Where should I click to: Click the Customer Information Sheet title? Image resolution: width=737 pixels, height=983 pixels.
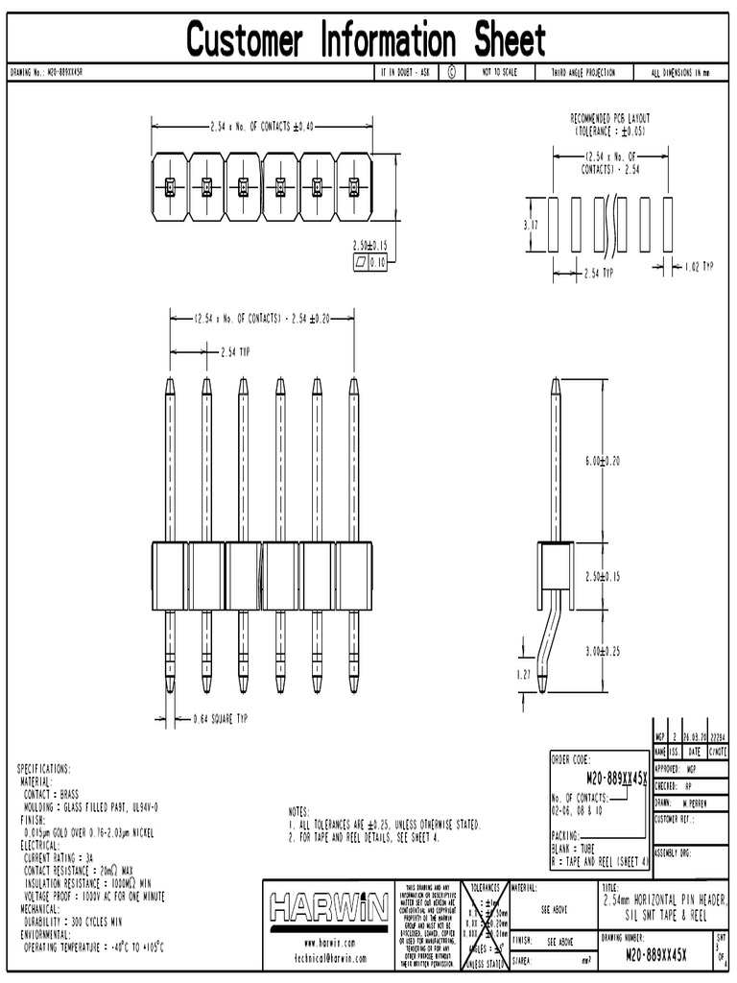click(x=367, y=40)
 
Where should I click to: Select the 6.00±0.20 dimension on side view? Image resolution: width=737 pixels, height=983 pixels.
click(x=603, y=461)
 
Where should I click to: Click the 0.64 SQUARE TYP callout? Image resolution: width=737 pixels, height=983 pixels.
click(x=214, y=718)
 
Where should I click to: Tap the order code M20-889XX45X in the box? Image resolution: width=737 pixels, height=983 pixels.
click(x=599, y=776)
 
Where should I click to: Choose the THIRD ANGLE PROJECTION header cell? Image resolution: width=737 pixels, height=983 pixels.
click(x=582, y=73)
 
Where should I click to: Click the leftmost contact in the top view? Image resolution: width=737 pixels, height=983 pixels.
click(x=169, y=185)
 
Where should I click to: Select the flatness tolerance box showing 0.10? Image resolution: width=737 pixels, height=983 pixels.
click(x=368, y=260)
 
